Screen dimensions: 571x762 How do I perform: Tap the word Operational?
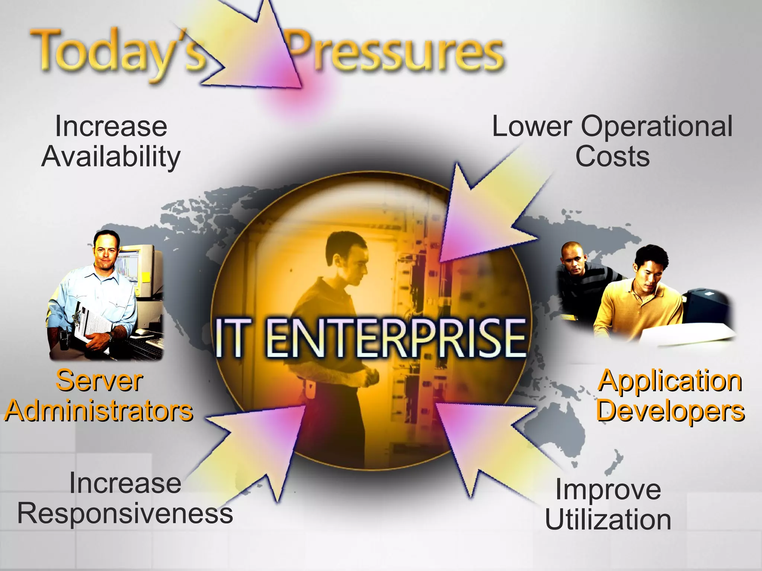click(x=656, y=126)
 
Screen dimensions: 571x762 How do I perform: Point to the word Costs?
click(x=612, y=156)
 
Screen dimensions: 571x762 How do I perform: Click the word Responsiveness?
click(x=125, y=513)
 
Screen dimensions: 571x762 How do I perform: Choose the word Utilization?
click(x=608, y=519)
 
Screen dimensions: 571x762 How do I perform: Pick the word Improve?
click(x=608, y=490)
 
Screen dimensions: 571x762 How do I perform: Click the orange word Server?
click(x=99, y=381)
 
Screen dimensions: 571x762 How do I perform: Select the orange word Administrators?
click(x=99, y=410)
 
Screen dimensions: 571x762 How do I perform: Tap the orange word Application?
click(x=670, y=381)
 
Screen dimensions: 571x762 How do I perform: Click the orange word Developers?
click(x=670, y=410)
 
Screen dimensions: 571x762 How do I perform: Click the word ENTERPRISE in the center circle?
click(x=396, y=338)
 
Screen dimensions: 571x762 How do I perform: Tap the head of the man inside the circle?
click(x=346, y=257)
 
